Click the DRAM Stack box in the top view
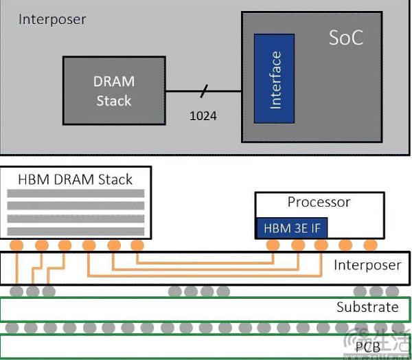(x=114, y=91)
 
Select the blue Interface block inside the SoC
(x=275, y=80)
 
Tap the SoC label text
(x=345, y=38)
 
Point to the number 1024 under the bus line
(x=203, y=116)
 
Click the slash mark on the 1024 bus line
(x=203, y=91)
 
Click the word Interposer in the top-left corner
(x=52, y=19)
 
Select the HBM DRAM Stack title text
(x=76, y=180)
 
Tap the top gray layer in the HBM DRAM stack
(x=76, y=194)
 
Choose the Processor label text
(x=319, y=202)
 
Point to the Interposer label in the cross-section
(x=367, y=265)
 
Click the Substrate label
(x=367, y=307)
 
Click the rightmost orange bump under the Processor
(x=370, y=245)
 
